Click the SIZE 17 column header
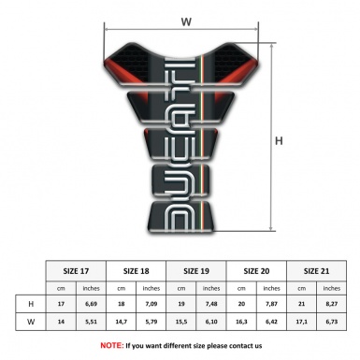pos(77,269)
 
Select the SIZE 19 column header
pos(196,269)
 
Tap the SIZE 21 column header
pos(317,269)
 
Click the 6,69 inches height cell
pos(92,304)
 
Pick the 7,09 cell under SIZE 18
pos(151,304)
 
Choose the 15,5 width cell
pos(181,324)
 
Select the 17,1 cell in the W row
pos(301,324)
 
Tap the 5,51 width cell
pos(92,324)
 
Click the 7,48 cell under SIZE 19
pos(211,304)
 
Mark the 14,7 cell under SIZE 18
pos(122,324)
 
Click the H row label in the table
pos(31,304)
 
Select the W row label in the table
pos(31,324)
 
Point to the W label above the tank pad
pos(185,18)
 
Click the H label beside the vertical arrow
pos(279,141)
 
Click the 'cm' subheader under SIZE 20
pos(241,287)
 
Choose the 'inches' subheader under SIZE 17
pos(92,287)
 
